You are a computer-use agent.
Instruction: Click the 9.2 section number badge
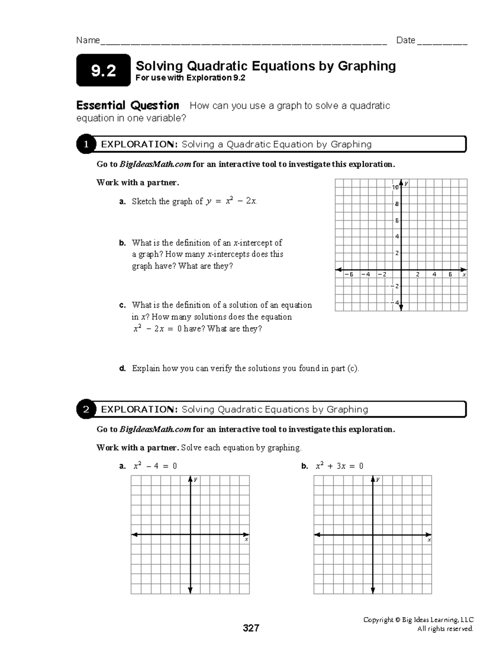pos(103,70)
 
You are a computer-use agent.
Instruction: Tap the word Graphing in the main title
pos(367,66)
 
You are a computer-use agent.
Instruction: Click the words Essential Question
pos(127,105)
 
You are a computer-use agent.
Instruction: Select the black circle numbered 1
pos(86,145)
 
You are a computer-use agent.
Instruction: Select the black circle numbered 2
pos(86,410)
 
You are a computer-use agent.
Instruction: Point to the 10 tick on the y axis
pos(395,187)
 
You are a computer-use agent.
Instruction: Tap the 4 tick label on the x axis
pos(434,275)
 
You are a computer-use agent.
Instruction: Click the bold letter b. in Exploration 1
pos(122,243)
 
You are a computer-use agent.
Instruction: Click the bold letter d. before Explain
pos(122,369)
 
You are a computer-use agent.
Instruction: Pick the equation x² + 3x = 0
pos(339,466)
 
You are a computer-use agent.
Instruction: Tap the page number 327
pos(251,628)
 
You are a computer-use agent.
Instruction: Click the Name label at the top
pos(88,40)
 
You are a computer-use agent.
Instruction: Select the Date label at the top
pos(405,40)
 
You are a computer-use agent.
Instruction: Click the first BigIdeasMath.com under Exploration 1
pos(155,164)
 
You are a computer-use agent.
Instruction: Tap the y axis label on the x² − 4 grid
pos(195,479)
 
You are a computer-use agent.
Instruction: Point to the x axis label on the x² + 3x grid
pos(429,540)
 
